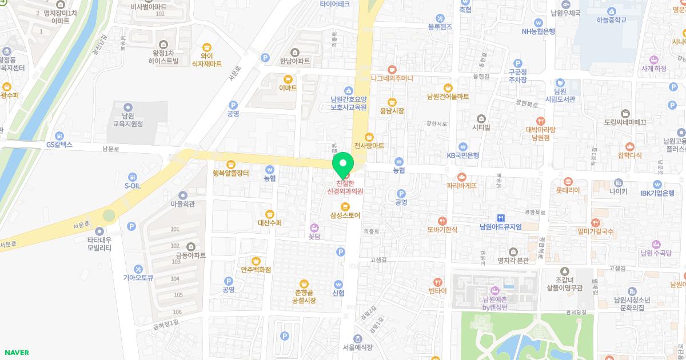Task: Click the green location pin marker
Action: click(344, 165)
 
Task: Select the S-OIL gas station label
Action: click(132, 185)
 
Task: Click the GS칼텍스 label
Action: click(59, 145)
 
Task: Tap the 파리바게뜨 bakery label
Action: click(462, 186)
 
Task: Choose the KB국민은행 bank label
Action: click(463, 155)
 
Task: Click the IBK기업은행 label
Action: click(657, 193)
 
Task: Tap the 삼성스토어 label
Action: click(345, 215)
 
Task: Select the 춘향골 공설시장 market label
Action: click(304, 295)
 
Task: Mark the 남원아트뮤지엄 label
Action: click(501, 227)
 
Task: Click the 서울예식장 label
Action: click(358, 347)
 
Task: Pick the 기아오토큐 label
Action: click(138, 277)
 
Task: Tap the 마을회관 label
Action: click(183, 203)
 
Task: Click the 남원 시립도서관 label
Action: click(560, 95)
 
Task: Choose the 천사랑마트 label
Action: click(369, 146)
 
